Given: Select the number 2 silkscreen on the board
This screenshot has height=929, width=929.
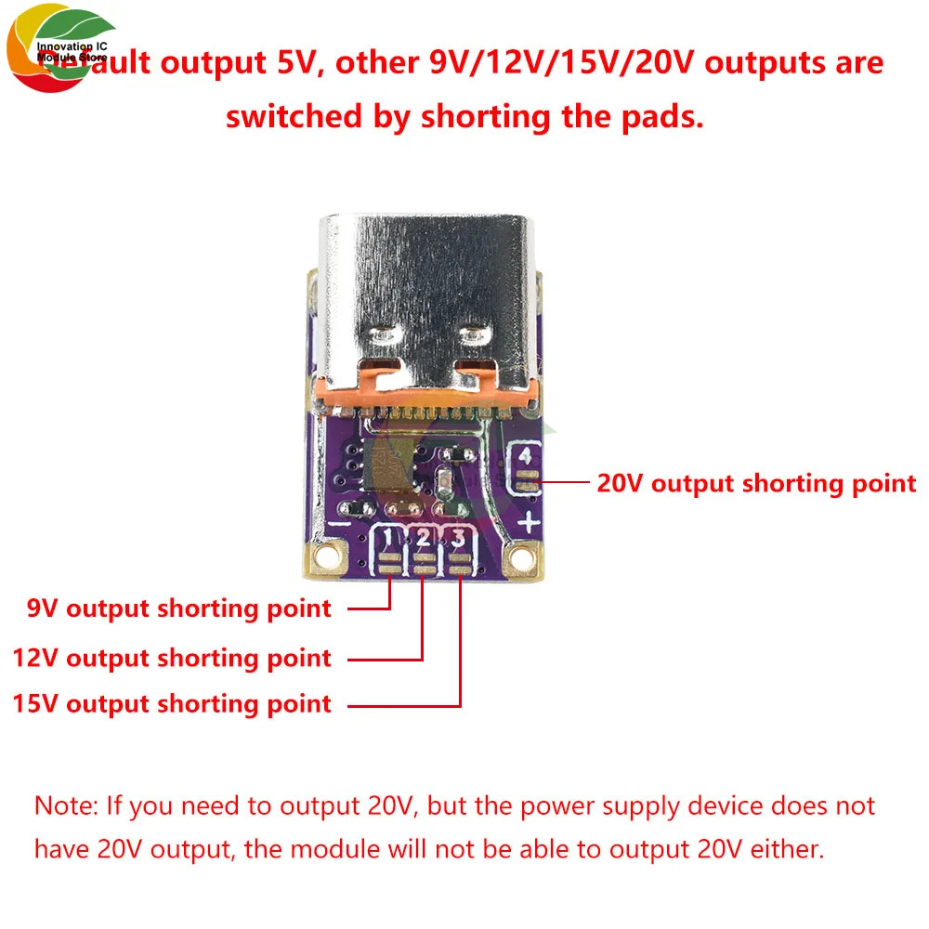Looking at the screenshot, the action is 424,538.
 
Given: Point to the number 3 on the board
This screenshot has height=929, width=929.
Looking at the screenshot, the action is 457,538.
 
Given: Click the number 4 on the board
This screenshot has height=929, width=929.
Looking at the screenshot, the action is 527,456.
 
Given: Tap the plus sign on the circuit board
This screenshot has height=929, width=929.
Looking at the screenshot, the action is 529,523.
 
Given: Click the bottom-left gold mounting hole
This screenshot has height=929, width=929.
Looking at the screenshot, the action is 326,556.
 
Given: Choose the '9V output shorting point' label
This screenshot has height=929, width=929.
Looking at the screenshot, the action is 178,608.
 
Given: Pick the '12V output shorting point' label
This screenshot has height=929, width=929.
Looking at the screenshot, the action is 172,658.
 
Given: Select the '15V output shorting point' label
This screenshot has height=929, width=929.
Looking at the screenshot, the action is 172,703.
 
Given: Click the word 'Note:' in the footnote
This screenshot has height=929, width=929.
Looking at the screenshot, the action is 66,805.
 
